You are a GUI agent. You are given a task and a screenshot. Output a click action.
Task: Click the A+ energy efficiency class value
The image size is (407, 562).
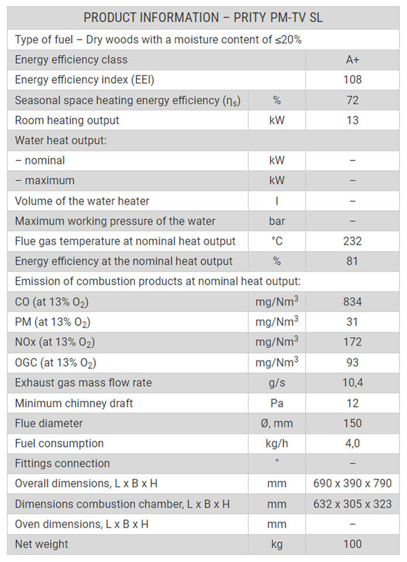(352, 60)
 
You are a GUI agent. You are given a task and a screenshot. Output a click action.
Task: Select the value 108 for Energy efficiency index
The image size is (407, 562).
(352, 80)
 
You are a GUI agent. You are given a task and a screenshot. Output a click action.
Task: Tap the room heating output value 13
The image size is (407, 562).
(352, 120)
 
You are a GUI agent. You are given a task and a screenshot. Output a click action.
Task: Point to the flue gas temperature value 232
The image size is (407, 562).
(352, 241)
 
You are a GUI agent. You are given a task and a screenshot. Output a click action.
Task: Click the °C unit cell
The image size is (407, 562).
(276, 241)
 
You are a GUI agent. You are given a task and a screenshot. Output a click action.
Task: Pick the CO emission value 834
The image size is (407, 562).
(352, 302)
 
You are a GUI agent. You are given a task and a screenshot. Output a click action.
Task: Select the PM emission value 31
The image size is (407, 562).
(352, 322)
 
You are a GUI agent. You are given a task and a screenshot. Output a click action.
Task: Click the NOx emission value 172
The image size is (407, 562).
(352, 342)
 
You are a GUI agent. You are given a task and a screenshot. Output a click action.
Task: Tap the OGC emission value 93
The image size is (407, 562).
(352, 362)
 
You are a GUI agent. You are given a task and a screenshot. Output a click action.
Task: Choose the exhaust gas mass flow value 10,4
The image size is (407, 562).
(352, 383)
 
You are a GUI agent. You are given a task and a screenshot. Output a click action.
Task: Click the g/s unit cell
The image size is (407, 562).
(276, 383)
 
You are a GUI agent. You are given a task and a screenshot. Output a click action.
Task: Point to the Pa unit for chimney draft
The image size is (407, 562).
(276, 403)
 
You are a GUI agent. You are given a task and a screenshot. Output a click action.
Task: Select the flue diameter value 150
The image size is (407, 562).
(352, 423)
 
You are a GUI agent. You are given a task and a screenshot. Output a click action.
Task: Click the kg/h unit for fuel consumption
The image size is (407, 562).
(276, 443)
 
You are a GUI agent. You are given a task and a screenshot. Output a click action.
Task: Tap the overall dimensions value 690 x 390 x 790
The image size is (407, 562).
(352, 484)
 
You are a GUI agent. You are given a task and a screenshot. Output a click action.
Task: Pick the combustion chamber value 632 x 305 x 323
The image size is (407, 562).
(352, 504)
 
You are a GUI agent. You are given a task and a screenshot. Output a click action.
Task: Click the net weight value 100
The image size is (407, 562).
(352, 544)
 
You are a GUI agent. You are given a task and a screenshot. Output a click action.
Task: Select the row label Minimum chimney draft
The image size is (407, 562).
(74, 403)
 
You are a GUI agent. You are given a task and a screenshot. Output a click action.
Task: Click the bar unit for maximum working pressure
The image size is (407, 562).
(276, 221)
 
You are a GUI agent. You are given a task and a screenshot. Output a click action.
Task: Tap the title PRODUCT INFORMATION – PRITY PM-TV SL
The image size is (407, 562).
(203, 18)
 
